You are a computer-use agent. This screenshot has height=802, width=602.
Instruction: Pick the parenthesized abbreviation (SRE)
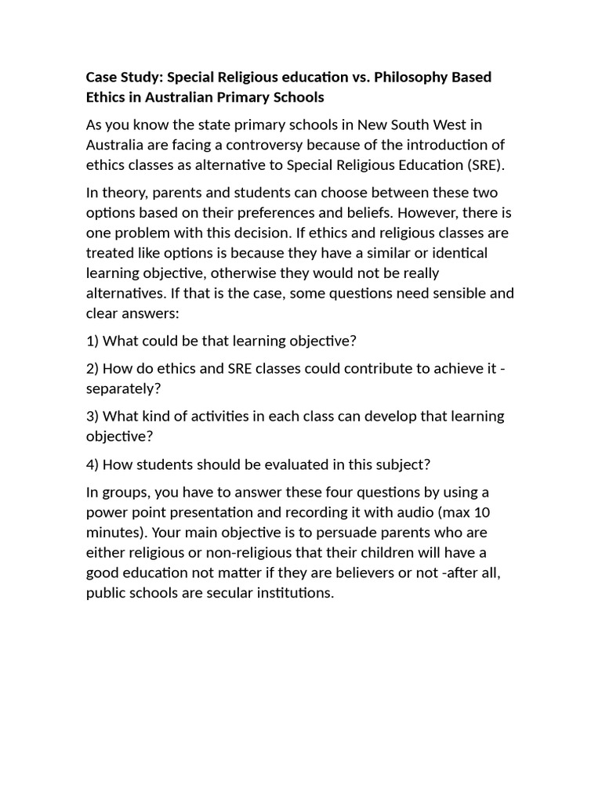click(484, 164)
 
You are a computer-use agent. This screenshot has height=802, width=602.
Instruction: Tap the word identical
click(451, 253)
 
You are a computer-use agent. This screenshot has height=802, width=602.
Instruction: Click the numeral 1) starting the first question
click(92, 341)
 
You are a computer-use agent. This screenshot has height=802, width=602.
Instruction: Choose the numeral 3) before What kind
click(92, 416)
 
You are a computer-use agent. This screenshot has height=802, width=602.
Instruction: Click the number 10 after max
click(484, 512)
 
